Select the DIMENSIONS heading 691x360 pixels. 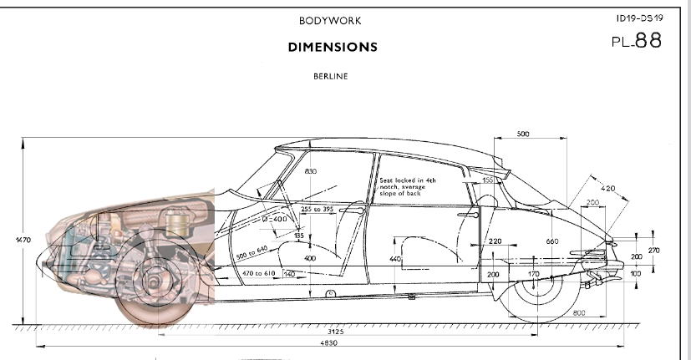pos(333,47)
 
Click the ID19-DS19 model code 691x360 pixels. pos(640,17)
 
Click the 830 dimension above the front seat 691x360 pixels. pos(311,172)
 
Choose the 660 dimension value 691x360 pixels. pos(551,242)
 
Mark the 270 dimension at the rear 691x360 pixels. pos(653,250)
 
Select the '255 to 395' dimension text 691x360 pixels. pos(317,209)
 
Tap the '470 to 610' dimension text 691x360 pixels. pos(259,273)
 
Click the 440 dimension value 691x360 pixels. pos(396,260)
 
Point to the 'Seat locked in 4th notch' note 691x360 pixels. pos(409,186)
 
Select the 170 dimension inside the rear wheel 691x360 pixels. pos(534,274)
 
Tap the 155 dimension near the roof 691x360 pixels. pos(487,180)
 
